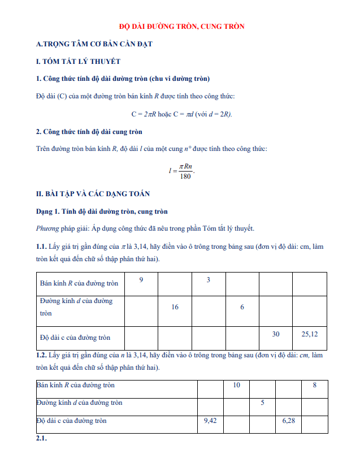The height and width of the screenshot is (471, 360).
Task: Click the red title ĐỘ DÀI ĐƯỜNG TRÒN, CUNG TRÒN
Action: click(181, 27)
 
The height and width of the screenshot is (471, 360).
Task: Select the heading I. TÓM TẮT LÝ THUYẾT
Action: click(78, 61)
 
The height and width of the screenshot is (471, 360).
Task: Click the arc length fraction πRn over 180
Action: click(185, 171)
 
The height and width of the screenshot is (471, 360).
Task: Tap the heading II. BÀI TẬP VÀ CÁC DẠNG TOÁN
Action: click(93, 194)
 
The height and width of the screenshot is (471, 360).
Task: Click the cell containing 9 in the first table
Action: click(141, 280)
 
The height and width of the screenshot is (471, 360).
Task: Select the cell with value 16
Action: click(175, 307)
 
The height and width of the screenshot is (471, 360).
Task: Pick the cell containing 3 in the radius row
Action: click(208, 280)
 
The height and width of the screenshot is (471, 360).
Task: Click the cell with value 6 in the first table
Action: click(242, 307)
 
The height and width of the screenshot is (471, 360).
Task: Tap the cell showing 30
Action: click(276, 334)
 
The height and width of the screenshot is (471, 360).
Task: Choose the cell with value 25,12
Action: click(310, 334)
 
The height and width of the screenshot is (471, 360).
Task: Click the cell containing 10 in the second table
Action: click(237, 385)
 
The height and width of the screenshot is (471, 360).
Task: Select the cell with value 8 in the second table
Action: click(314, 385)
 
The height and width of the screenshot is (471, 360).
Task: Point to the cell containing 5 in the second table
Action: click(262, 403)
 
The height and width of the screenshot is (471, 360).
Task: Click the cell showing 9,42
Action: click(210, 421)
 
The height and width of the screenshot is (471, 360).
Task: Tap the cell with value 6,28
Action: click(288, 421)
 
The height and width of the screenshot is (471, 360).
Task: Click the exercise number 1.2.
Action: click(41, 355)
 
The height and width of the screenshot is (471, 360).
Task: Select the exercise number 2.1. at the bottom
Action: click(41, 438)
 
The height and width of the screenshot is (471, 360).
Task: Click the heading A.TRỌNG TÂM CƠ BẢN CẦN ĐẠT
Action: click(94, 44)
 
